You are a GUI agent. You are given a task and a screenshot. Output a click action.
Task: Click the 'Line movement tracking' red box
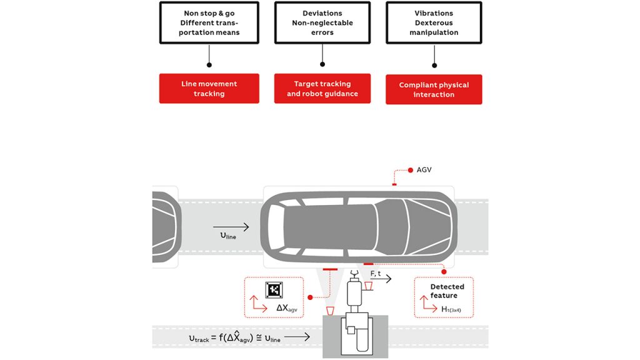coord(209,88)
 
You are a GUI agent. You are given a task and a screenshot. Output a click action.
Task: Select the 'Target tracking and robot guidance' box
coord(322,88)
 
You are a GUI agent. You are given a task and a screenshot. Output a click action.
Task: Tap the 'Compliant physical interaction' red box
coord(434,89)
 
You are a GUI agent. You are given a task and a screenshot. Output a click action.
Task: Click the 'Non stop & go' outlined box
coord(209,22)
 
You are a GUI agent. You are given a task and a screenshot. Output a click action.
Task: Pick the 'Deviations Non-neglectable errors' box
coord(322,22)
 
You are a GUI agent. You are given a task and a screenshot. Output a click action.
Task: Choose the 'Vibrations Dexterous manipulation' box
coord(434,22)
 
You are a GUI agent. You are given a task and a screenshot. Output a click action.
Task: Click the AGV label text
coord(424,170)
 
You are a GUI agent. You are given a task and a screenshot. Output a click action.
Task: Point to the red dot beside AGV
coord(410,170)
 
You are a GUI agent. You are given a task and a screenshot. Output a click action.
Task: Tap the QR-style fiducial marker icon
coord(274,289)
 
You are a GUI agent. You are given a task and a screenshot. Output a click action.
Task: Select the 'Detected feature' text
coord(447,291)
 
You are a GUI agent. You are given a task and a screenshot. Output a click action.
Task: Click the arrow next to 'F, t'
coord(381,279)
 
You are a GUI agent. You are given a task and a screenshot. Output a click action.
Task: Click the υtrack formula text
coord(235,338)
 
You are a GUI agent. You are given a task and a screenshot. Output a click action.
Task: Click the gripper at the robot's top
coord(354,274)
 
